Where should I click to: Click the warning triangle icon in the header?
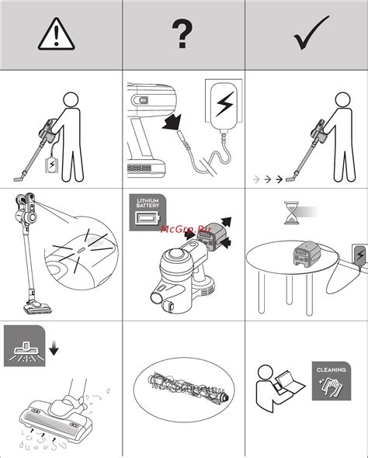coord(57,34)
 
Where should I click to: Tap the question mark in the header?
coord(182,33)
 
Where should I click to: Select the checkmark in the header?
coord(311,33)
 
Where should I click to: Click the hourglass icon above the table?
coord(292,213)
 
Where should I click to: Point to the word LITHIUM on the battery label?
coord(148,201)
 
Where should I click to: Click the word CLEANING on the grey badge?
coord(332,370)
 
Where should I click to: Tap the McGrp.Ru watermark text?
coord(186,229)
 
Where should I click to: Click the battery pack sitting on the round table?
coord(307,254)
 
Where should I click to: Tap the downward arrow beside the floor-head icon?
coord(54,348)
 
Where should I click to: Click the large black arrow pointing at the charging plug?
coord(172,123)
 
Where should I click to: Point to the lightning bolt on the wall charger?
coord(225,104)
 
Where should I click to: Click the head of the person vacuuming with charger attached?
coord(71,100)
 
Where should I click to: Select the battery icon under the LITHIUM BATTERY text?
coord(148,218)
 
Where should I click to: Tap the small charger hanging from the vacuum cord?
coord(52,165)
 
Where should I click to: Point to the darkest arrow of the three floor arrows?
coord(279,179)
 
